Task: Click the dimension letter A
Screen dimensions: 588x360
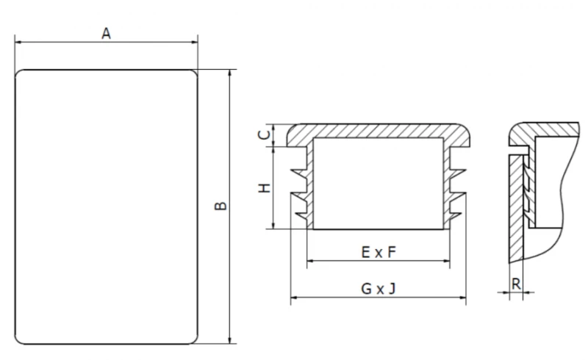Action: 107,33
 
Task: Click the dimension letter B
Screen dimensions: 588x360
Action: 220,206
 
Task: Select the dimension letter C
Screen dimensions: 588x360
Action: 265,134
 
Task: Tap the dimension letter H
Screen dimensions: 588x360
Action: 265,188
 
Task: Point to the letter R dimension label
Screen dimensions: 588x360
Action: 516,284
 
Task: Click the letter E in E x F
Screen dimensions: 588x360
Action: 365,253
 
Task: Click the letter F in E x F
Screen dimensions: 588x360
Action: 392,253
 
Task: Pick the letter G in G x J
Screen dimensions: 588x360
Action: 366,289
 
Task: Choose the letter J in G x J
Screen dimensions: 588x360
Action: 392,289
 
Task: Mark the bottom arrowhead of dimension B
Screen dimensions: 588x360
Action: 230,339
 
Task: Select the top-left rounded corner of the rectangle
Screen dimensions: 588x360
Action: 19,73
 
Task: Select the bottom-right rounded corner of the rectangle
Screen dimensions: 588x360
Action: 194,340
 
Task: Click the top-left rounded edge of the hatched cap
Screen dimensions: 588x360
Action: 290,129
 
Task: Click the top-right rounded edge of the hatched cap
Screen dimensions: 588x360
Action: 467,129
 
